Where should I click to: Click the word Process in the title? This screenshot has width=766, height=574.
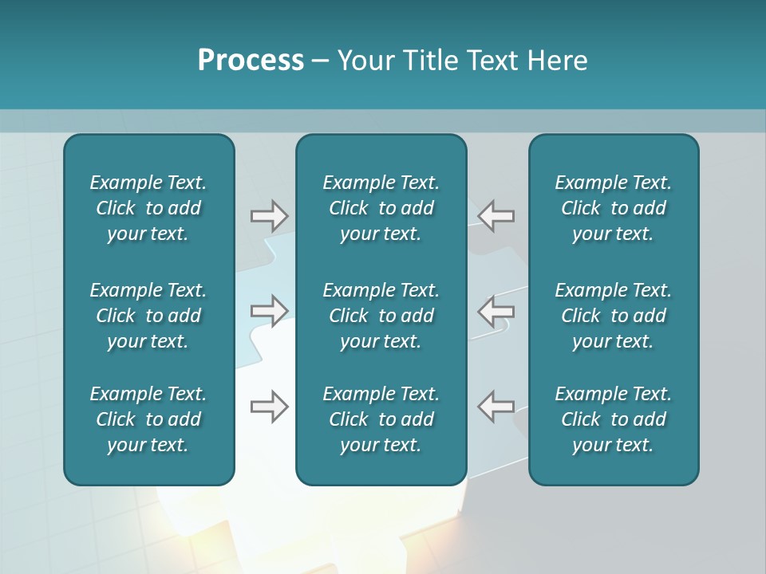pyautogui.click(x=251, y=61)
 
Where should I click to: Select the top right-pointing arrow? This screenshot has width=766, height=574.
pyautogui.click(x=269, y=216)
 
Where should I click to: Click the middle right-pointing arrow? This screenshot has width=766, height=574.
pyautogui.click(x=269, y=310)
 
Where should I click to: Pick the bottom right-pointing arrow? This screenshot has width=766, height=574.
pyautogui.click(x=269, y=406)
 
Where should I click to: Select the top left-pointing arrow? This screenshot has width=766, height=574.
pyautogui.click(x=496, y=216)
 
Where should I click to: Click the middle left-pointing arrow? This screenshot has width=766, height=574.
pyautogui.click(x=496, y=310)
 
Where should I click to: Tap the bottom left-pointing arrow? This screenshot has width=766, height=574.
pyautogui.click(x=496, y=406)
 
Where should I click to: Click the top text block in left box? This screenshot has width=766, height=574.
pyautogui.click(x=148, y=208)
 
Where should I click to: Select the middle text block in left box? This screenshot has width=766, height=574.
pyautogui.click(x=148, y=316)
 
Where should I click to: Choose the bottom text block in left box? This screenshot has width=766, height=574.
pyautogui.click(x=148, y=419)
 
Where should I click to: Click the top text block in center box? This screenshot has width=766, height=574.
pyautogui.click(x=381, y=208)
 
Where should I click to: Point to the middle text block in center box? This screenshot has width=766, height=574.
pyautogui.click(x=381, y=316)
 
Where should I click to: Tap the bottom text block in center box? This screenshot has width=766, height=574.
pyautogui.click(x=381, y=419)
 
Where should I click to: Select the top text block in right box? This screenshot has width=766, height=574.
pyautogui.click(x=613, y=208)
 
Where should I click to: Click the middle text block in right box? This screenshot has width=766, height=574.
pyautogui.click(x=613, y=316)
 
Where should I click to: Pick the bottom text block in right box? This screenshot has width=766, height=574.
pyautogui.click(x=613, y=419)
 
